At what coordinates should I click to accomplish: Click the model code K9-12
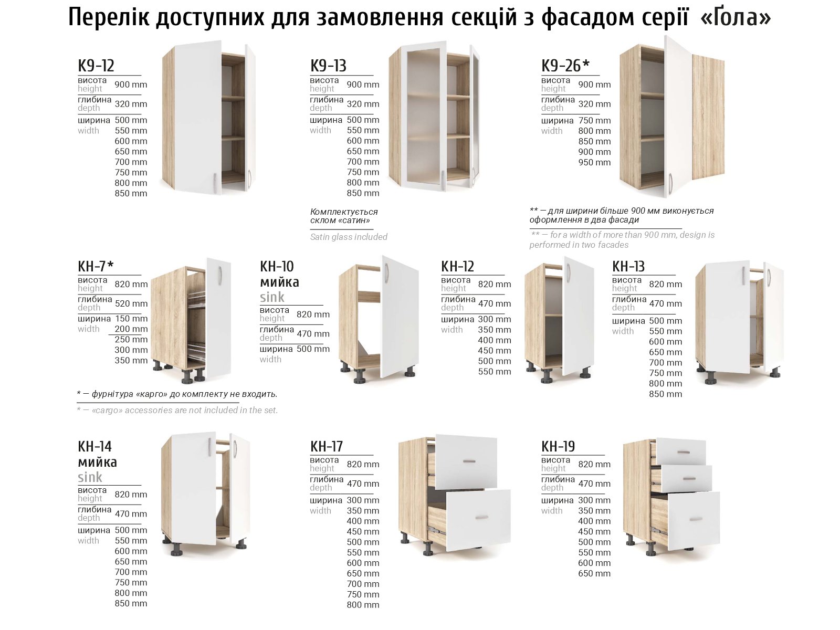coord(96,66)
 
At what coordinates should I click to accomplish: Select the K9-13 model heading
coord(328,66)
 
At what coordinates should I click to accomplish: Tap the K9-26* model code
coord(565,66)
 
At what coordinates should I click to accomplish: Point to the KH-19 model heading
coord(558,446)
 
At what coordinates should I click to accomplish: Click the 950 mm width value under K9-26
coord(594,162)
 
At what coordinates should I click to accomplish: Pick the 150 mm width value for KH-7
coord(131,318)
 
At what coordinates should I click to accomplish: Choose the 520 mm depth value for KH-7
coord(131,303)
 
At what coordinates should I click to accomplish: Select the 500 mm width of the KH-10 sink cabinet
coord(313,349)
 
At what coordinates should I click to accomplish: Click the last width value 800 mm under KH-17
coord(363,605)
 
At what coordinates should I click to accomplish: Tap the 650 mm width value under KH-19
coord(594,573)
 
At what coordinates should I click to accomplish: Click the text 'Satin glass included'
coord(349,237)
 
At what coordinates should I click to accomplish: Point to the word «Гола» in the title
coord(735,17)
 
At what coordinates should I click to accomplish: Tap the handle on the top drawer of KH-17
coord(469,461)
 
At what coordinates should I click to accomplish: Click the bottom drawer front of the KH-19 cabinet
coord(694,521)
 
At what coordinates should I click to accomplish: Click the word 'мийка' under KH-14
coord(97,462)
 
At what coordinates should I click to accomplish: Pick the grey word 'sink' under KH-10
coord(272,297)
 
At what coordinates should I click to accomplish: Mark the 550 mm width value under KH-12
coord(495,371)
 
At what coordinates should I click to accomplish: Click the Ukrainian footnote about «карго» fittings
coord(177,394)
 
